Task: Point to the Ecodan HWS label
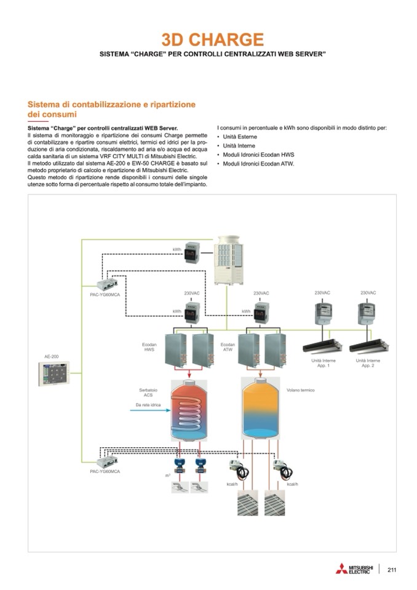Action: click(x=149, y=347)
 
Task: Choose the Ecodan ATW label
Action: click(x=228, y=347)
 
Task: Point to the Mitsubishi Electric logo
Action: click(x=354, y=568)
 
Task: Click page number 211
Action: click(x=392, y=569)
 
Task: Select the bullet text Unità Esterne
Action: click(x=240, y=136)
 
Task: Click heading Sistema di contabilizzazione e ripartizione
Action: click(x=111, y=105)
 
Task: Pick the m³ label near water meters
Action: click(x=167, y=476)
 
